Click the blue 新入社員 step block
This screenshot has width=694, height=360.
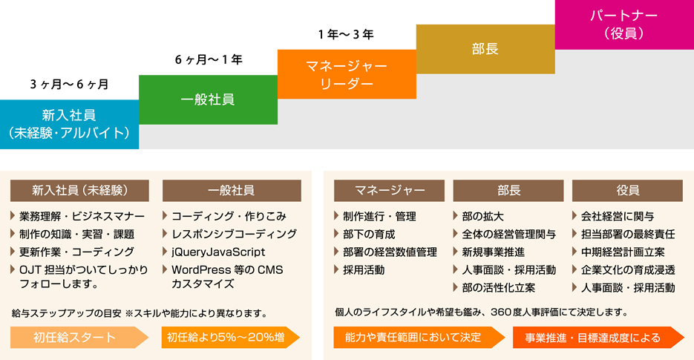point(69,125)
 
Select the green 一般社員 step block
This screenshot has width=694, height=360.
point(208,99)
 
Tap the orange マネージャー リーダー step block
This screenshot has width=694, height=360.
point(347,74)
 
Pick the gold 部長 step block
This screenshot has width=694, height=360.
point(485,49)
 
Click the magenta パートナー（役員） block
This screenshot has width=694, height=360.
point(624,24)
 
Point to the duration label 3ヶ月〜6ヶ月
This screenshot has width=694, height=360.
point(69,84)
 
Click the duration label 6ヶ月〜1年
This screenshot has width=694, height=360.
point(209,59)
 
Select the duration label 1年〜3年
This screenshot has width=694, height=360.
point(346,34)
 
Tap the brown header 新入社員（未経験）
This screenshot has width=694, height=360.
point(79,191)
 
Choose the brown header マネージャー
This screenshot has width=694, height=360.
point(389,191)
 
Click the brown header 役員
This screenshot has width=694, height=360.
point(627,191)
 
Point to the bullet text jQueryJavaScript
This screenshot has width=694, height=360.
point(218,252)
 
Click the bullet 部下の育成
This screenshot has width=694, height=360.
point(369,235)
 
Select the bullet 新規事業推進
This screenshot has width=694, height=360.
point(493,252)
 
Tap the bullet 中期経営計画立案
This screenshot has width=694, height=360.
point(623,252)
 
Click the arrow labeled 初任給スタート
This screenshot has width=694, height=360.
point(79,338)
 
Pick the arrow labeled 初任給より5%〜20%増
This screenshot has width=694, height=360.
point(231,338)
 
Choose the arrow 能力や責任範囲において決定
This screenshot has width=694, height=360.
point(419,338)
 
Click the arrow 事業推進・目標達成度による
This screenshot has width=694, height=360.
point(598,338)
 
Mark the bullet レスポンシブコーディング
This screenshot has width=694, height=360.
point(234,235)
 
